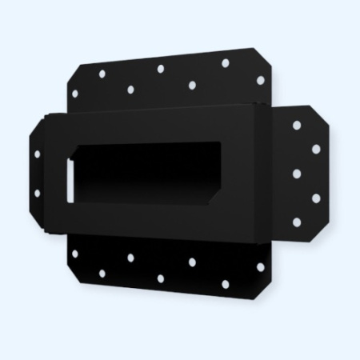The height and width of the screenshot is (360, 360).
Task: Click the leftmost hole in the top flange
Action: [75, 93]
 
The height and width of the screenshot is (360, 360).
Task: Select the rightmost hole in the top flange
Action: [259, 79]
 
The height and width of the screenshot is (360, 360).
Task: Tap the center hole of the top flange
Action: [161, 69]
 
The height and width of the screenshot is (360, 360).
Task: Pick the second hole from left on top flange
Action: [102, 74]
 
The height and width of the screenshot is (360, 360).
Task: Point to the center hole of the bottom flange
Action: [161, 278]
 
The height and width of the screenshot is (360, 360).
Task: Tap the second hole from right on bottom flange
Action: [225, 284]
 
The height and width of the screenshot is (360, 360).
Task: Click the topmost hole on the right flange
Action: [296, 126]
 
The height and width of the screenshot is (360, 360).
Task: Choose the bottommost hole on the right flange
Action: [296, 222]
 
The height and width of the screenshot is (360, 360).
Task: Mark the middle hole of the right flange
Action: [297, 173]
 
